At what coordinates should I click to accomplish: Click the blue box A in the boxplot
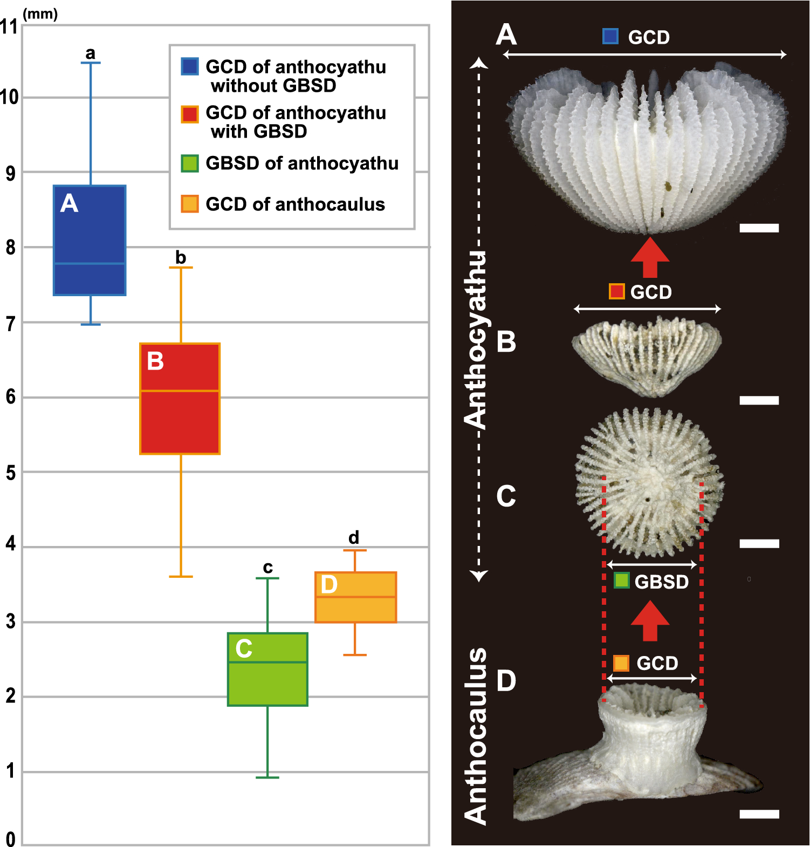pyautogui.click(x=90, y=240)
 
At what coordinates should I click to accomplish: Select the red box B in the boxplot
pyautogui.click(x=180, y=399)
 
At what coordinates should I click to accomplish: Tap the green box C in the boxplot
pyautogui.click(x=267, y=669)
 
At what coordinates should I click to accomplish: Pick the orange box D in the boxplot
pyautogui.click(x=355, y=597)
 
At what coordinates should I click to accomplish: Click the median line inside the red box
pyautogui.click(x=180, y=391)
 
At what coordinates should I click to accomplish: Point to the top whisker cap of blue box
pyautogui.click(x=91, y=63)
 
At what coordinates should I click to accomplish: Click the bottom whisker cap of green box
pyautogui.click(x=267, y=777)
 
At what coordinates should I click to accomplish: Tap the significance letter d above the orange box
pyautogui.click(x=354, y=537)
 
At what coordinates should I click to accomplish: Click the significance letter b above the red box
pyautogui.click(x=181, y=257)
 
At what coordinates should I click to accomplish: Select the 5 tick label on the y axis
pyautogui.click(x=10, y=473)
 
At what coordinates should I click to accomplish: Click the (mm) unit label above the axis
pyautogui.click(x=40, y=13)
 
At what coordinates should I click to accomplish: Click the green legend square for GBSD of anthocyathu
pyautogui.click(x=190, y=163)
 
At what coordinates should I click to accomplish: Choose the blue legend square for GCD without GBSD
pyautogui.click(x=190, y=66)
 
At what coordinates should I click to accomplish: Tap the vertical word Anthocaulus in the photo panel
pyautogui.click(x=476, y=736)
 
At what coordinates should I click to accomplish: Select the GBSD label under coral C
pyautogui.click(x=661, y=582)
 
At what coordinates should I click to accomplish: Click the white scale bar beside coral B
pyautogui.click(x=759, y=400)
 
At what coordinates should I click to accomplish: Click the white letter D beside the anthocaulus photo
pyautogui.click(x=506, y=681)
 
